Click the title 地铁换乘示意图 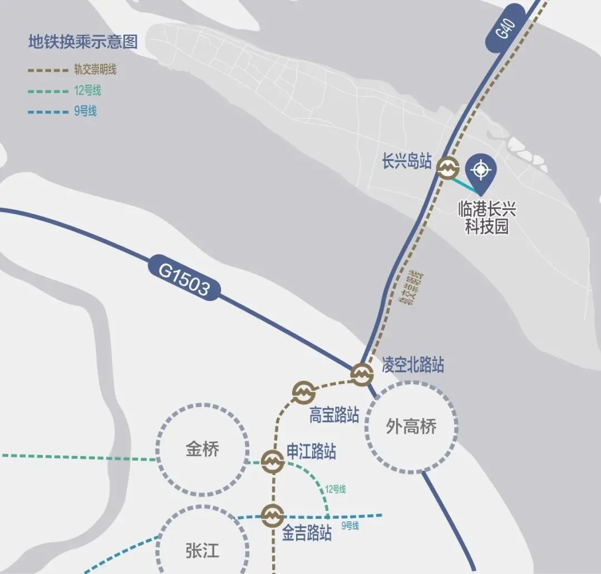pyautogui.click(x=83, y=42)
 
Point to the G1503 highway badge pyautogui.click(x=184, y=280)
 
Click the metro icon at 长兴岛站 pyautogui.click(x=447, y=168)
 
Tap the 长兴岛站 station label pyautogui.click(x=407, y=162)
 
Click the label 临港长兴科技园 pyautogui.click(x=487, y=218)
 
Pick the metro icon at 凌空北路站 pyautogui.click(x=361, y=374)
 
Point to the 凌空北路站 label pyautogui.click(x=412, y=365)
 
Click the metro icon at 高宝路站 pyautogui.click(x=304, y=392)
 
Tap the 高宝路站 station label pyautogui.click(x=334, y=415)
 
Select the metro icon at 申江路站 pyautogui.click(x=272, y=461)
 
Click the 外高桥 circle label pyautogui.click(x=412, y=427)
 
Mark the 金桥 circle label pyautogui.click(x=203, y=449)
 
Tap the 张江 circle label pyautogui.click(x=202, y=551)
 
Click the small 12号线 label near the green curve pyautogui.click(x=336, y=489)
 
